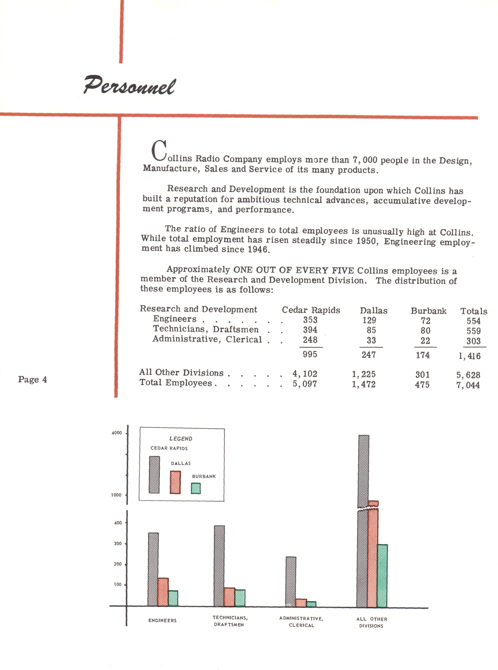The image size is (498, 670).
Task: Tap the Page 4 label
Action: tap(32, 379)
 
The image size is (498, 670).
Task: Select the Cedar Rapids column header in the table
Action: tap(311, 310)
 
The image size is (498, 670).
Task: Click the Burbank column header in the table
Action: tap(428, 311)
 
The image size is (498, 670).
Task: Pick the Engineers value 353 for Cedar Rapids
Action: tap(310, 320)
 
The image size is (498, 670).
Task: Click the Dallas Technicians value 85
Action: tap(371, 330)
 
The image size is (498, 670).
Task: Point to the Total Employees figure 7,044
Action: tap(468, 385)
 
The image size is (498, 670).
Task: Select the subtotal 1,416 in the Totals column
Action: tap(469, 356)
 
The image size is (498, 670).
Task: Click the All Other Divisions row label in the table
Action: tap(181, 373)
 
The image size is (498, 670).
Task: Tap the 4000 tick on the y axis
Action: tap(117, 433)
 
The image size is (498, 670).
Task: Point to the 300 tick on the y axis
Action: tap(118, 544)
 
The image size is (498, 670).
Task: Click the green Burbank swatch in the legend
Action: tap(195, 488)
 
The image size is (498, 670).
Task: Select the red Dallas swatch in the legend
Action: tap(175, 482)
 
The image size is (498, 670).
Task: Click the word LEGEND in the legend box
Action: tap(181, 438)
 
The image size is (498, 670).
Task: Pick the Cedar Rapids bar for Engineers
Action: tap(153, 569)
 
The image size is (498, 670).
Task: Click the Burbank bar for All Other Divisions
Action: tap(382, 576)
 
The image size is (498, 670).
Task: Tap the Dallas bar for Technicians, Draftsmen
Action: tap(229, 597)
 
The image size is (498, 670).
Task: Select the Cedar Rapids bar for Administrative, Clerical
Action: tap(291, 582)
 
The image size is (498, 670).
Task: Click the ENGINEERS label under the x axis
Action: tap(162, 620)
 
